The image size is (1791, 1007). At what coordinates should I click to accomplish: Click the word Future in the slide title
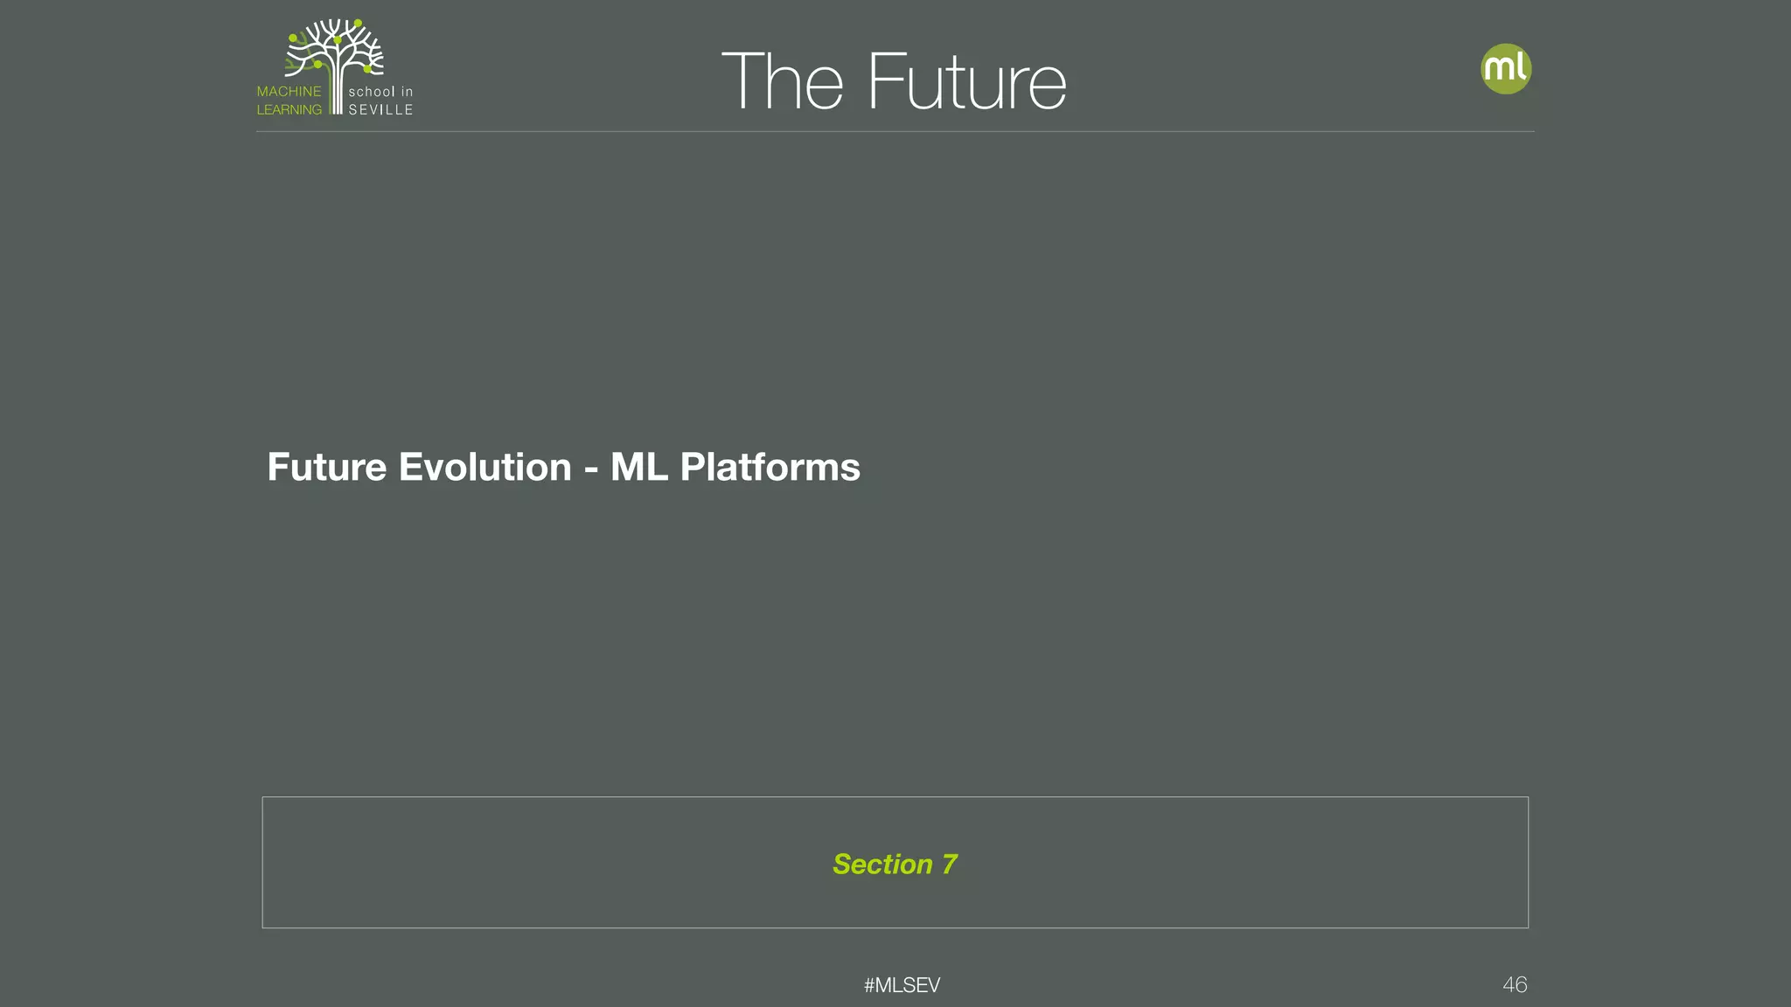pos(966,82)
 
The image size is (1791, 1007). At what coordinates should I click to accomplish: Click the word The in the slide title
pos(782,82)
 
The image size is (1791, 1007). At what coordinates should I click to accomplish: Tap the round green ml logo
pos(1505,69)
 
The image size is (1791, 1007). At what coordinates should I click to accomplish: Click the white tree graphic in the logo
pos(335,52)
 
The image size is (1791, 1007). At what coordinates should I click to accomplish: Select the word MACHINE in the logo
pos(289,92)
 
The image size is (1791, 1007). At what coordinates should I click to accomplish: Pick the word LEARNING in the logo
pos(289,110)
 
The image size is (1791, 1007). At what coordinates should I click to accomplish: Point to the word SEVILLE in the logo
pos(380,110)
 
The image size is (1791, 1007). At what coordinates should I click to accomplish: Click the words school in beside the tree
pos(380,92)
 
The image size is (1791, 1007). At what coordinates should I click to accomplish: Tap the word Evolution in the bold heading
pos(484,467)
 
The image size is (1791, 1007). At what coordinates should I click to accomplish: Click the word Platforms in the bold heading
pos(770,467)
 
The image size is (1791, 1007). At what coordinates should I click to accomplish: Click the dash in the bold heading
pos(591,469)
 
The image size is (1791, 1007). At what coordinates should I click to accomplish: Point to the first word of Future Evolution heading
pos(326,467)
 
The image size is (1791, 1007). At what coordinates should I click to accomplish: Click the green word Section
pos(882,865)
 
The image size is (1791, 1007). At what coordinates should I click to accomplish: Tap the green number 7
pos(949,865)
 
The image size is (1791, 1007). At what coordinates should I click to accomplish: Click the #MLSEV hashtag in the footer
pos(902,985)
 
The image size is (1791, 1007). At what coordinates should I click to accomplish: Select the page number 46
pos(1515,985)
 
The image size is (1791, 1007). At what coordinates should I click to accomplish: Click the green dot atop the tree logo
pos(358,24)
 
